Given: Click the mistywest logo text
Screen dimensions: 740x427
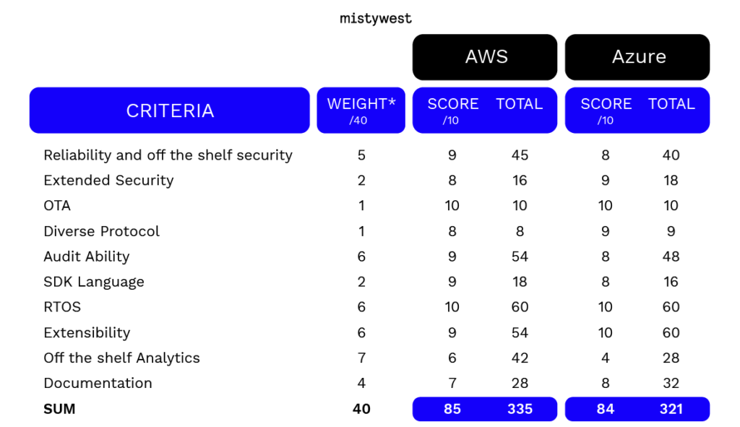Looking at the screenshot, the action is tap(376, 18).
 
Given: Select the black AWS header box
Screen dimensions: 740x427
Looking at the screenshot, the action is tap(485, 57).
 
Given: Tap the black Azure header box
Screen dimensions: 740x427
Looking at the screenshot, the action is tap(637, 57).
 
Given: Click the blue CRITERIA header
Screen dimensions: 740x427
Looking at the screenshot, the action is tap(169, 111).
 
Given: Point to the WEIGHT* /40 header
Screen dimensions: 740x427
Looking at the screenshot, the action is tap(361, 111).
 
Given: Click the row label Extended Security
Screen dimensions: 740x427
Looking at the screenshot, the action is tap(108, 180).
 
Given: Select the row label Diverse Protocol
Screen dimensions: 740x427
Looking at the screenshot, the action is tap(101, 231).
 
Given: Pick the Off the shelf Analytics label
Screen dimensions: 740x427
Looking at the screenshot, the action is tap(121, 358).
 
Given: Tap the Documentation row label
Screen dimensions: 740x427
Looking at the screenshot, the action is tap(98, 383).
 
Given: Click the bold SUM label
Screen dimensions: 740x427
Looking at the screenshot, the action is tap(59, 409).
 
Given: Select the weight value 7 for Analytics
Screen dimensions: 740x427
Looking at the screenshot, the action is tap(361, 358).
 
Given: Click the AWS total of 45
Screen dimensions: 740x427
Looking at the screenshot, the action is tap(520, 155).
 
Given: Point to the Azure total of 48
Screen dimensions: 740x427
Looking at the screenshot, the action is tap(671, 256).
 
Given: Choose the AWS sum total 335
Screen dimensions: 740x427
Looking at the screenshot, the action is tap(520, 409).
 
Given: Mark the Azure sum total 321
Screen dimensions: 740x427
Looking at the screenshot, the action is tap(671, 409).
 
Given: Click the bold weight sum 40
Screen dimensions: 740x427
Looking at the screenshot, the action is tap(361, 409).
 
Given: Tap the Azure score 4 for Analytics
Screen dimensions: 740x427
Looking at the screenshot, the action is tap(606, 358).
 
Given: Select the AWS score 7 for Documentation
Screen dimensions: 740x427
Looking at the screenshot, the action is tap(452, 383).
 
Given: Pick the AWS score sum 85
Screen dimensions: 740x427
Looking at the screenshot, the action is tap(452, 409).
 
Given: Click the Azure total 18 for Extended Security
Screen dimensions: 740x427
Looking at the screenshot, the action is tap(671, 180).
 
